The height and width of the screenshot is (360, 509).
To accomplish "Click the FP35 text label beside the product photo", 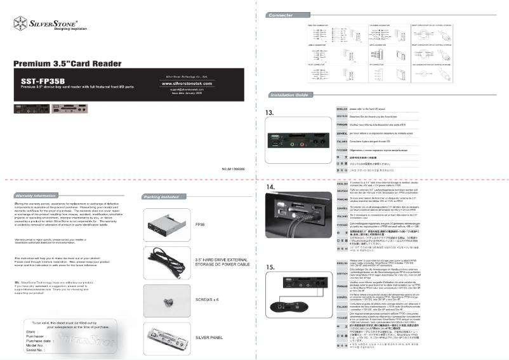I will coord(200,225).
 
